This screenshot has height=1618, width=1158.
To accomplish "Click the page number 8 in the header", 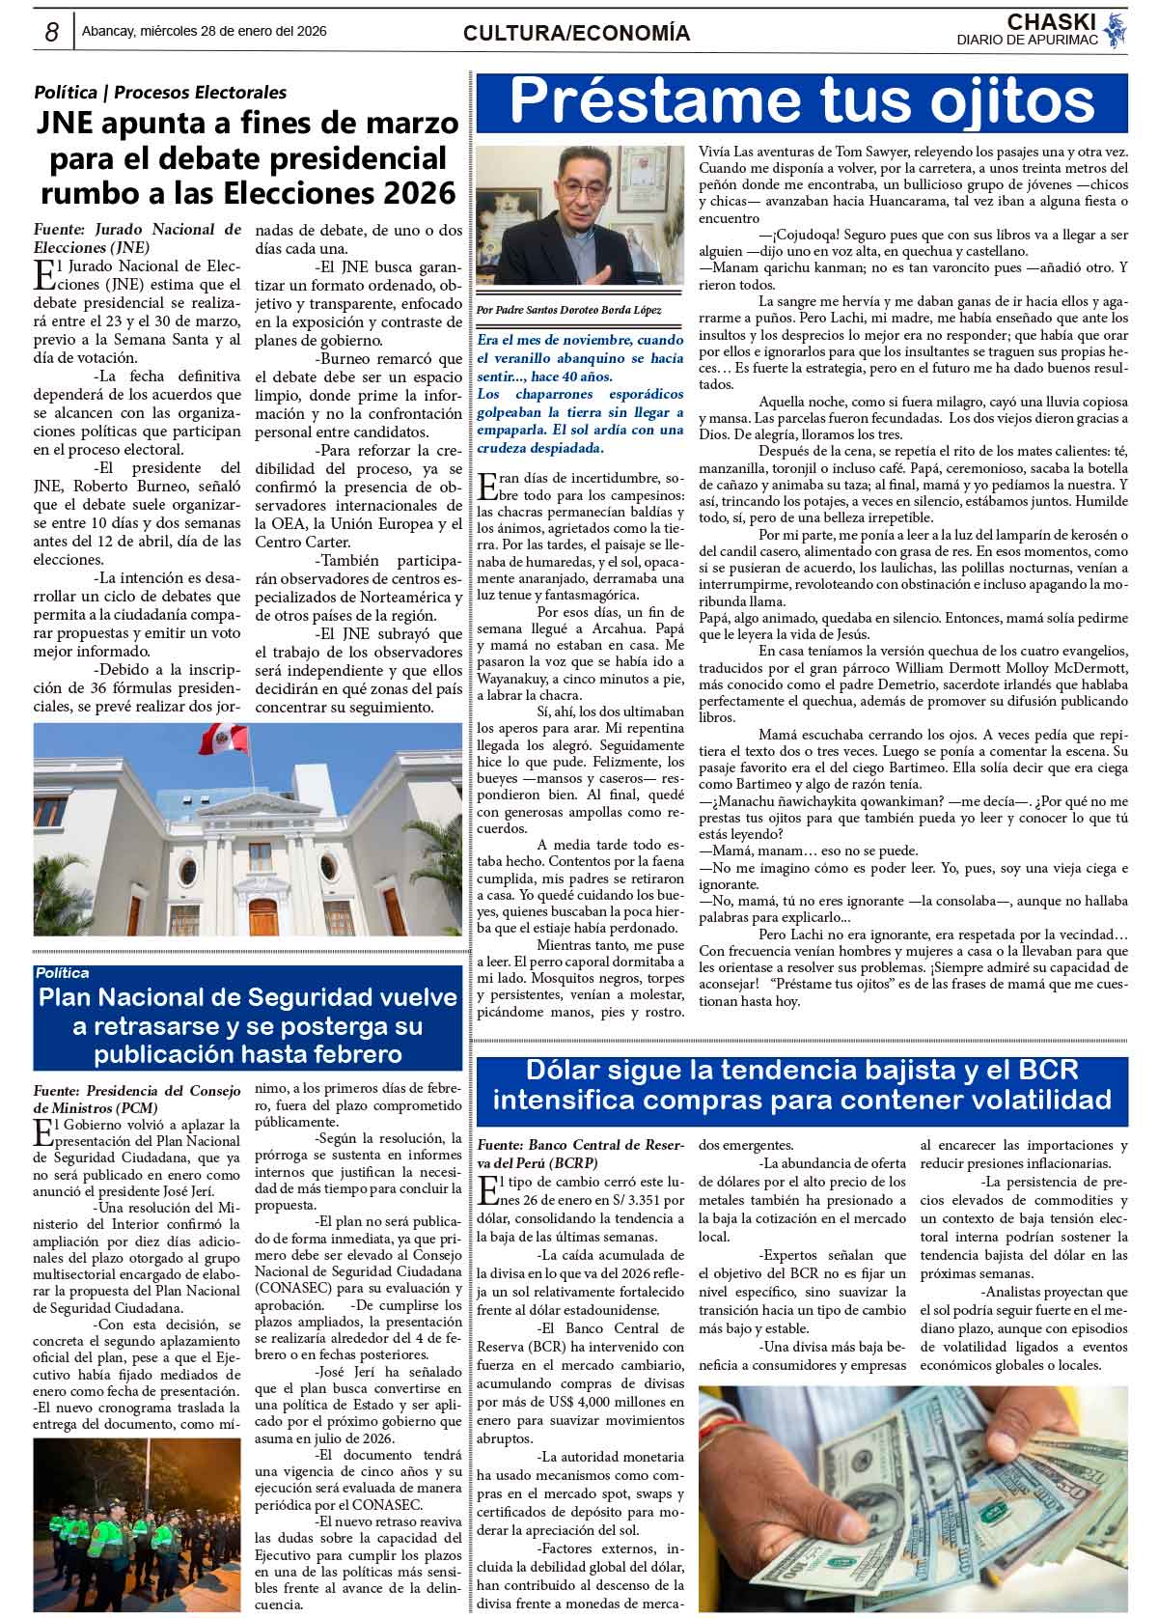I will (51, 32).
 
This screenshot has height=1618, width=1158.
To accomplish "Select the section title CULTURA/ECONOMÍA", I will (576, 34).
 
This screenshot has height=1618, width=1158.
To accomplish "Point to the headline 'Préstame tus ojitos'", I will (801, 100).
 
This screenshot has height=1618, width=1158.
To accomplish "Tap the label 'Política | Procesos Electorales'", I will (160, 93).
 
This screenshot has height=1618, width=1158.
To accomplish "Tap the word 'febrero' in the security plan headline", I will (347, 1052).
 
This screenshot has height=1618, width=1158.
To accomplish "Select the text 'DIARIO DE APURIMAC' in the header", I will (1027, 40).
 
